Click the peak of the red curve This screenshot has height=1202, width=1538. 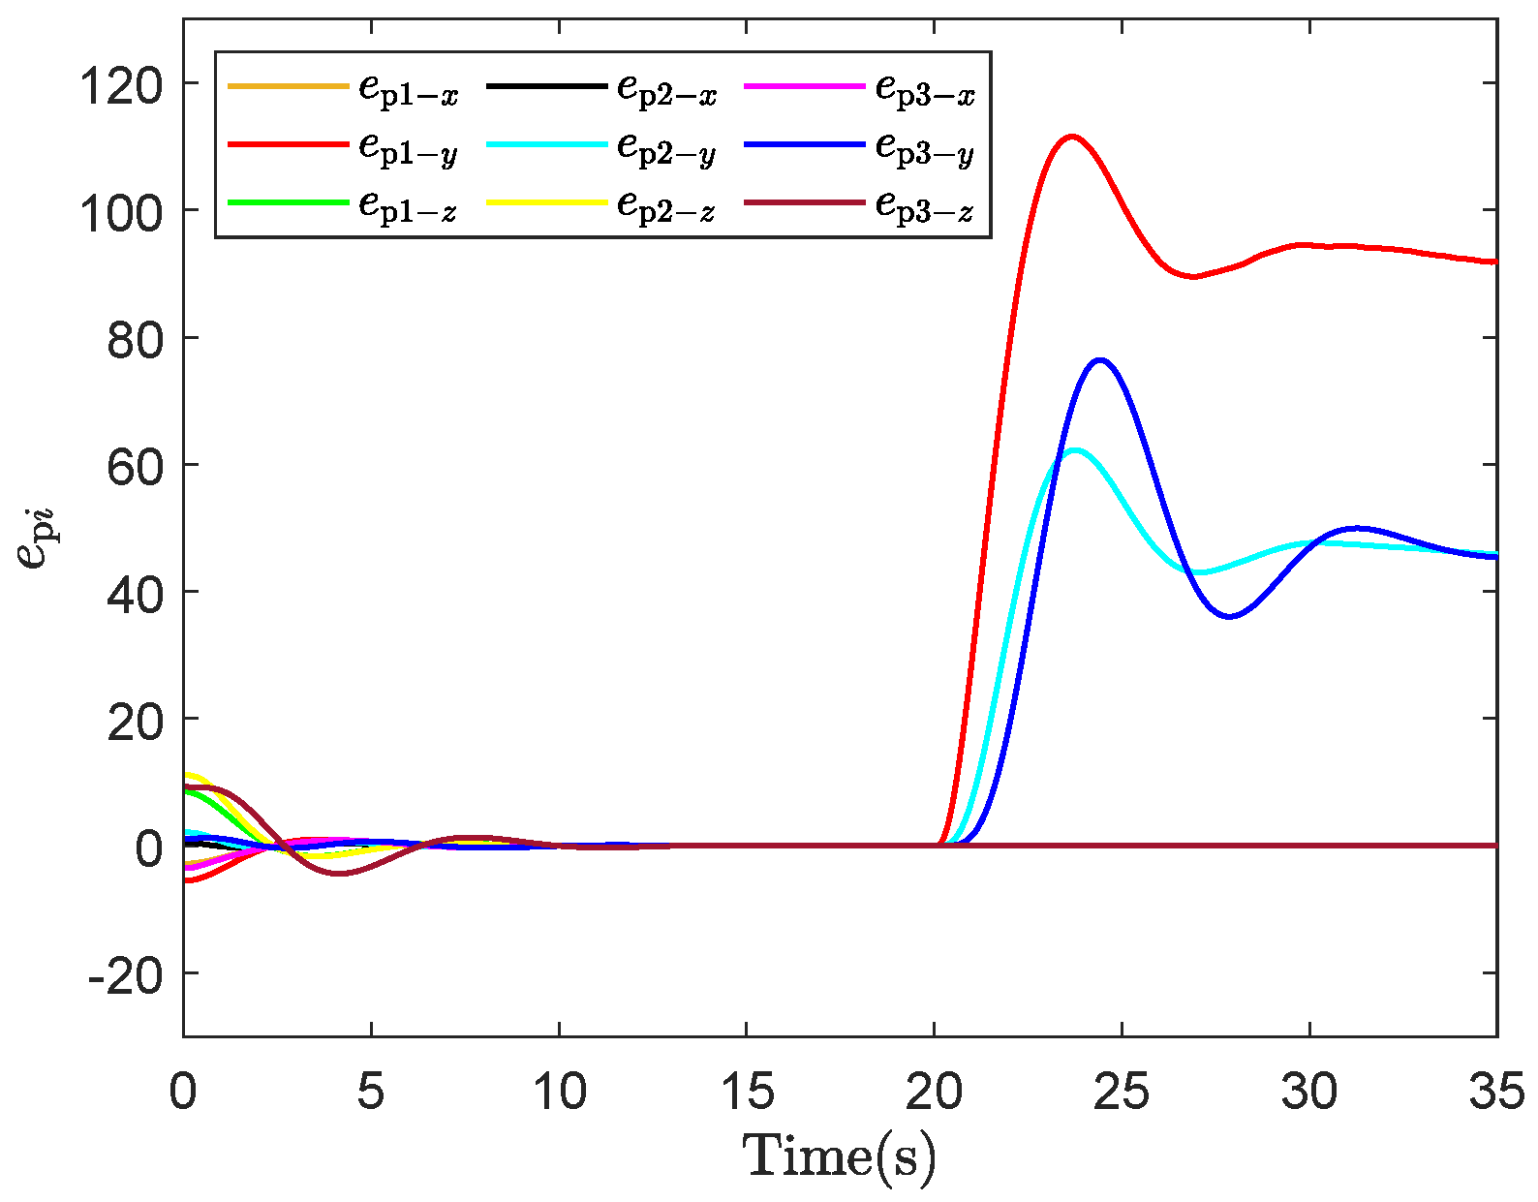[x=1071, y=137]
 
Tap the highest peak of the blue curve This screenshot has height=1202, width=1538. [x=1100, y=360]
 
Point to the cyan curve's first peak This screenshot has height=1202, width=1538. [x=1074, y=449]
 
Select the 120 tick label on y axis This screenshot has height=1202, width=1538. [x=121, y=85]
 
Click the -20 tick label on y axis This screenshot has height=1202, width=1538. [x=125, y=974]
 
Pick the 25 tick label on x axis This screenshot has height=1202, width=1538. [x=1122, y=1093]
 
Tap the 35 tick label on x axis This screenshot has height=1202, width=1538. [x=1496, y=1093]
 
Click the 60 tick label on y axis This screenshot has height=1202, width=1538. [x=135, y=466]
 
